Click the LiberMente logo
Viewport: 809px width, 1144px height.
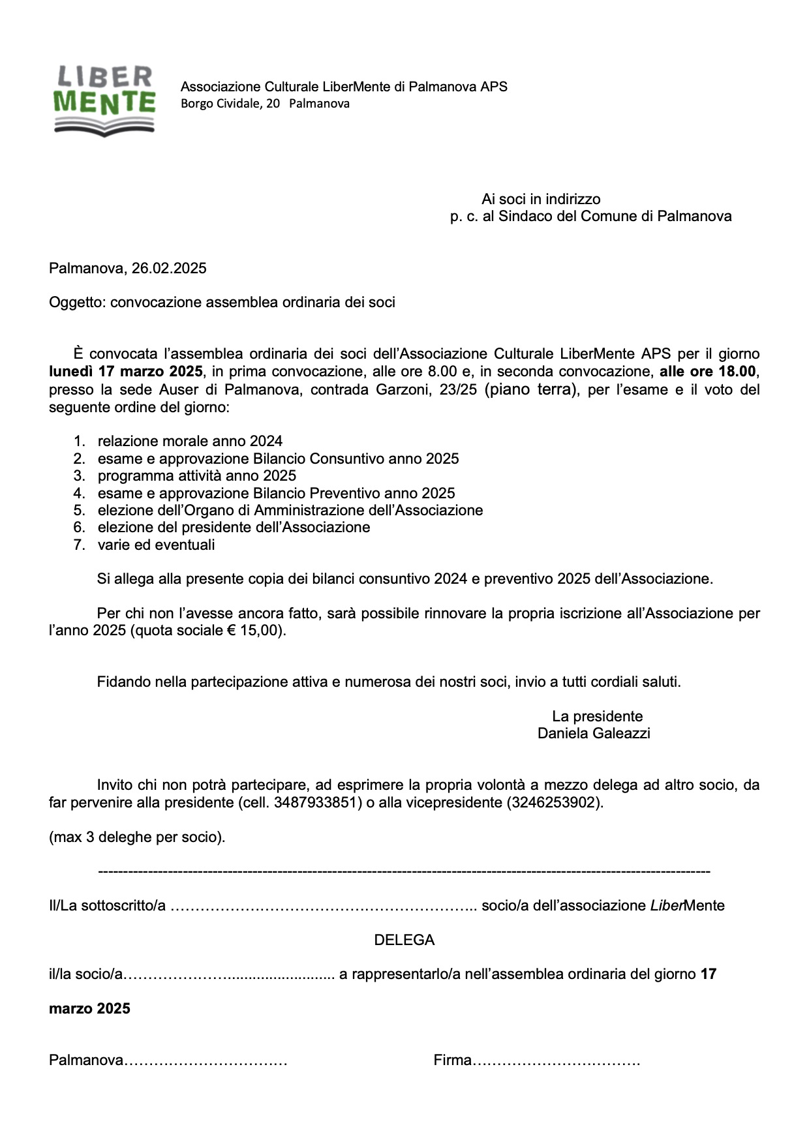click(x=104, y=99)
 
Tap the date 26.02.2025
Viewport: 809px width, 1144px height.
click(x=169, y=268)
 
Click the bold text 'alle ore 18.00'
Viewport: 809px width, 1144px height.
click(x=708, y=372)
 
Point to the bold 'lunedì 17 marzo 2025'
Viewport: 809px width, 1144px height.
click(x=126, y=372)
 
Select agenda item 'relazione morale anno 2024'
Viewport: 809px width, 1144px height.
click(x=190, y=442)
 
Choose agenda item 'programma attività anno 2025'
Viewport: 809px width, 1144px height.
click(x=197, y=475)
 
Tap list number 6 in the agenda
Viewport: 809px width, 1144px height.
click(x=79, y=527)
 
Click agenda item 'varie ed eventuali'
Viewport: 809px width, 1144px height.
click(x=156, y=545)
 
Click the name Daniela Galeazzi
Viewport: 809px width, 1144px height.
click(x=594, y=733)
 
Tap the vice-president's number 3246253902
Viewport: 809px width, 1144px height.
click(x=554, y=802)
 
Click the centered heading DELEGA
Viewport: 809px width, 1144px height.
click(x=404, y=940)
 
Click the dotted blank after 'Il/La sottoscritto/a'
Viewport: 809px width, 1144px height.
click(x=323, y=907)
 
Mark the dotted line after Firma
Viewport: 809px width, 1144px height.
click(x=556, y=1061)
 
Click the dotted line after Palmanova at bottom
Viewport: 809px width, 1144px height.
click(x=206, y=1061)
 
